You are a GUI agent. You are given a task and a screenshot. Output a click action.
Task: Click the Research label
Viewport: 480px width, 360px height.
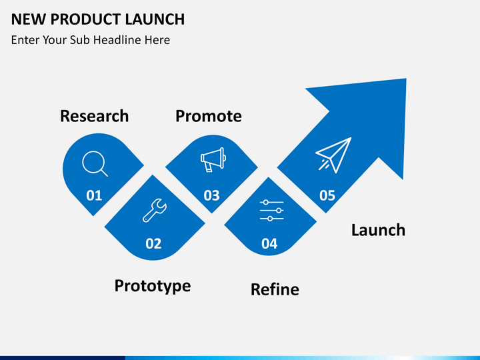pyautogui.click(x=94, y=116)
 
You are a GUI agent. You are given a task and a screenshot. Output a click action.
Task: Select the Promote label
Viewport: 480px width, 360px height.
pyautogui.click(x=208, y=116)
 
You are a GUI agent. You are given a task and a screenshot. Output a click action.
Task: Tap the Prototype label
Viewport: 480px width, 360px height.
pyautogui.click(x=152, y=286)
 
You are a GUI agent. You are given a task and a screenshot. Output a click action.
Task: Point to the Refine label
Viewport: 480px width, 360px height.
pyautogui.click(x=275, y=289)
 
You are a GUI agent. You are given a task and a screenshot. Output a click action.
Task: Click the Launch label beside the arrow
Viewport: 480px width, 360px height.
pyautogui.click(x=378, y=230)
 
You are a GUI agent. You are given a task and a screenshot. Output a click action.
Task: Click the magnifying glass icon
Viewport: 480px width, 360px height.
pyautogui.click(x=95, y=164)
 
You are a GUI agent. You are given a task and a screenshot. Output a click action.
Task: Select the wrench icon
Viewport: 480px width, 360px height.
pyautogui.click(x=154, y=210)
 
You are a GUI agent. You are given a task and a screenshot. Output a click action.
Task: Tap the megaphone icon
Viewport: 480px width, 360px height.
pyautogui.click(x=213, y=160)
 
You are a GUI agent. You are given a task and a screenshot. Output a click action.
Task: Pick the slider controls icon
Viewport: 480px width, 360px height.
pyautogui.click(x=271, y=210)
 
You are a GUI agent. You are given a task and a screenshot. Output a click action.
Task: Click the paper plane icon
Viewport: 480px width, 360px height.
pyautogui.click(x=333, y=155)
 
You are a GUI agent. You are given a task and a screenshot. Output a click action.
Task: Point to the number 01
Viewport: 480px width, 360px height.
pyautogui.click(x=94, y=195)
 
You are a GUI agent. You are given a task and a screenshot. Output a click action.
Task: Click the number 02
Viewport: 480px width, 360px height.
pyautogui.click(x=153, y=243)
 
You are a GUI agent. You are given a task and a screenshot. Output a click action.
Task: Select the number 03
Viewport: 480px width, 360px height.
pyautogui.click(x=211, y=195)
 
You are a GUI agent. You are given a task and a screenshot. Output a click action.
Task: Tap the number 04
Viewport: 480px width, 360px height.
pyautogui.click(x=269, y=243)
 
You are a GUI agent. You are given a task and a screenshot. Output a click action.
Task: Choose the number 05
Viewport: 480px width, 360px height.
pyautogui.click(x=327, y=195)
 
